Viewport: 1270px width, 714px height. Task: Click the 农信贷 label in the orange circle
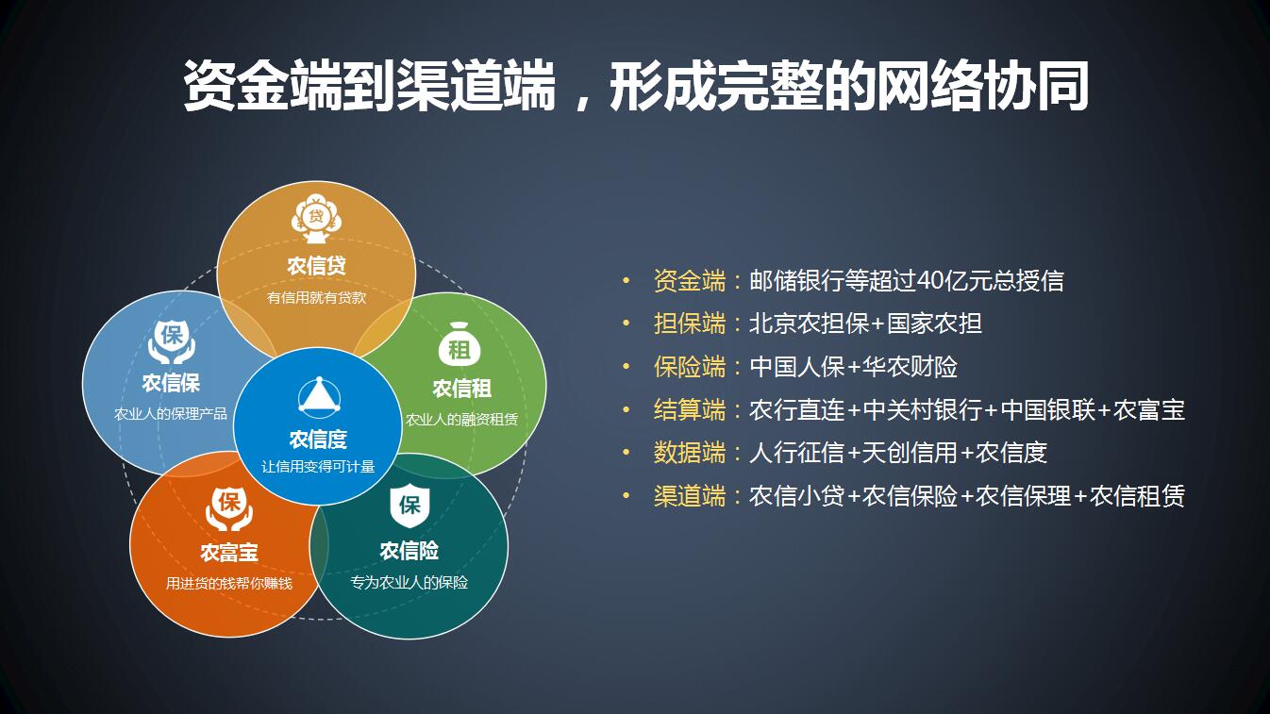[x=316, y=266]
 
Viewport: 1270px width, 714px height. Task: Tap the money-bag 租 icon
[x=460, y=344]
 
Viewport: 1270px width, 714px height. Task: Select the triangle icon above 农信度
[x=319, y=395]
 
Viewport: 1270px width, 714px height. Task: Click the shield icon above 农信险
[x=409, y=506]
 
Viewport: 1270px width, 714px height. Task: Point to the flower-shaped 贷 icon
[x=316, y=219]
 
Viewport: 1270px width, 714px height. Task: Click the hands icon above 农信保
[x=172, y=341]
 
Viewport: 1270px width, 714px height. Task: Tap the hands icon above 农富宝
[x=229, y=509]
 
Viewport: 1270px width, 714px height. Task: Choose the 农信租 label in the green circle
[x=461, y=389]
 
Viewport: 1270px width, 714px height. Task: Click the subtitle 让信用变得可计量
[x=318, y=466]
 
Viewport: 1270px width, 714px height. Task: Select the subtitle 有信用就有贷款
[x=316, y=297]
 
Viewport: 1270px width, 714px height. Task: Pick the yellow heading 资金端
[x=690, y=280]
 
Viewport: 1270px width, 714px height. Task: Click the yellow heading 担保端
[x=690, y=324]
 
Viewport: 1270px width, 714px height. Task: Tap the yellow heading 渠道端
[x=690, y=496]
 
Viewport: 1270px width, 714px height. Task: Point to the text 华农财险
[x=910, y=367]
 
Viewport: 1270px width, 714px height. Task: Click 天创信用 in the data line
[x=910, y=453]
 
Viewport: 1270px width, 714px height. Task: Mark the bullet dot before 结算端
[x=626, y=409]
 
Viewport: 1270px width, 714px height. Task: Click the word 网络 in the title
[x=929, y=87]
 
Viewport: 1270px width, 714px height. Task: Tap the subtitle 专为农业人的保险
[x=409, y=582]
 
